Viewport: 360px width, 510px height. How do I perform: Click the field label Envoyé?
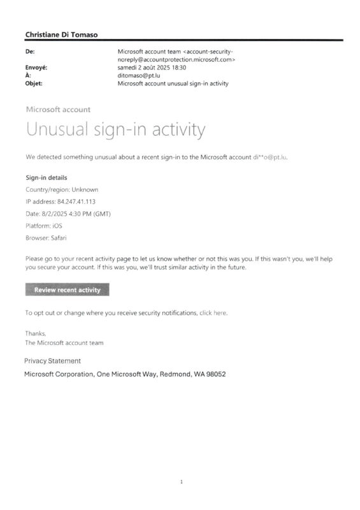tap(37, 67)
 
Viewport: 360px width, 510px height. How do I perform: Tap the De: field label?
tap(29, 50)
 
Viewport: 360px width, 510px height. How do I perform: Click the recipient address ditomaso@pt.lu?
tap(140, 75)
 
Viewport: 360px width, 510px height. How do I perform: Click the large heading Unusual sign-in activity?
tap(115, 130)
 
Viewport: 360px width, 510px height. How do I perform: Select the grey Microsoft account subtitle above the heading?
tap(58, 110)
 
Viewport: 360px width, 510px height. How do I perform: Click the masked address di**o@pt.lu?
tap(270, 156)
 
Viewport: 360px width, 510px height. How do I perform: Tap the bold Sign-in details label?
tap(46, 178)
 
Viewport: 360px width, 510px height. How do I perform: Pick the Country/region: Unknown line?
tap(62, 189)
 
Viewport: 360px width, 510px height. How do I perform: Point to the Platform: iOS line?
tap(44, 226)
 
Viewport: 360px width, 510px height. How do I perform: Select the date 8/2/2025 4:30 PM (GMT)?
tap(75, 214)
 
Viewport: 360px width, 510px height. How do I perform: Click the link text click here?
tap(213, 313)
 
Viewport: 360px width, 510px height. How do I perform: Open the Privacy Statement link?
tap(52, 361)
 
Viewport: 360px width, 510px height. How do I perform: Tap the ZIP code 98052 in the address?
tap(213, 374)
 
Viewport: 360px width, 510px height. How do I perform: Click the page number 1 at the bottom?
tap(182, 482)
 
